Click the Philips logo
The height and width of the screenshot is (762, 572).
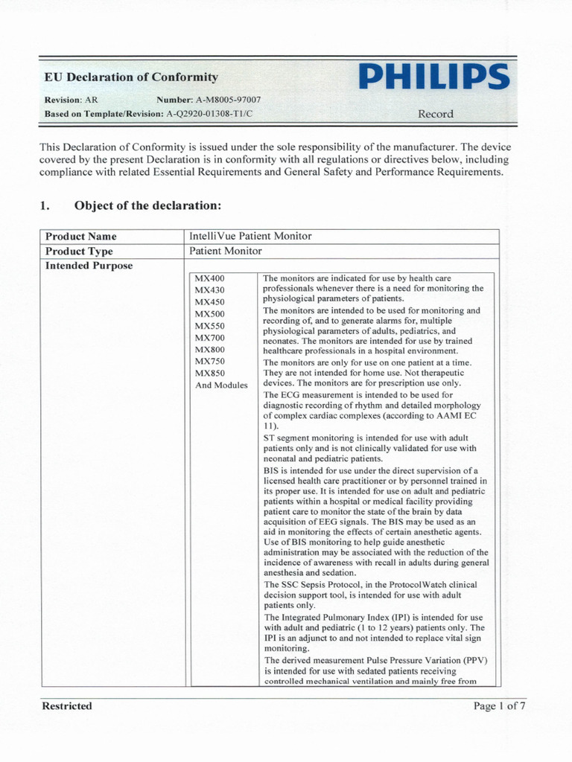tap(434, 77)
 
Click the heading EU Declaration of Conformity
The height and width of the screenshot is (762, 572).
tap(131, 77)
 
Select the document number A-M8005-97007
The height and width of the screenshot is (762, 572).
tap(228, 100)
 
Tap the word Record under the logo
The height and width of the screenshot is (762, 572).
tap(435, 114)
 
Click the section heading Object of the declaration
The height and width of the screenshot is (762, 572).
tap(147, 205)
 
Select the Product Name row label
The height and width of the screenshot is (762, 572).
tap(80, 237)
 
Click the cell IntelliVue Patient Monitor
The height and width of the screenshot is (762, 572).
tap(251, 237)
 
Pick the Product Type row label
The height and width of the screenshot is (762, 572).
tap(79, 252)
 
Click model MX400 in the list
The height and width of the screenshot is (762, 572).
tap(209, 278)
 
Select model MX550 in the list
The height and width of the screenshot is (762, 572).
tap(209, 326)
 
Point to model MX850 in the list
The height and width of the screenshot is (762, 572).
tap(209, 374)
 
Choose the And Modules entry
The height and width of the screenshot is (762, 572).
tap(221, 385)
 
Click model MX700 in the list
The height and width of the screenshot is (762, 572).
tap(209, 338)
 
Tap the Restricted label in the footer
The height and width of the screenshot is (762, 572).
tap(68, 705)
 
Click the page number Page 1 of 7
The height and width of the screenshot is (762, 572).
tap(500, 705)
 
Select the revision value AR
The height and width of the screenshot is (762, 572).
tap(90, 100)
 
